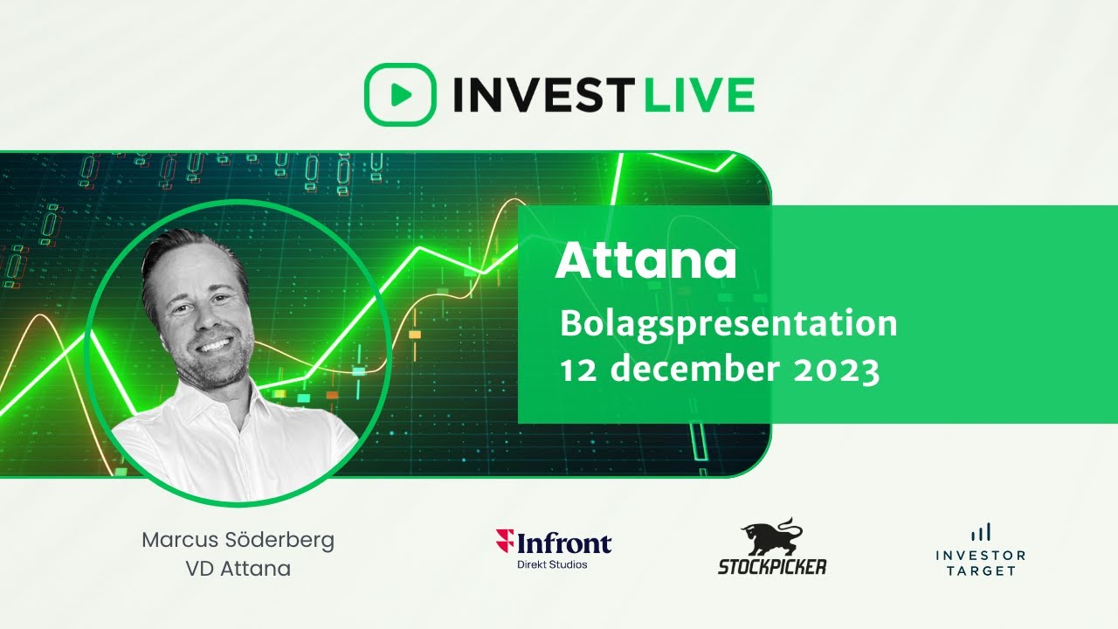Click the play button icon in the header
point(399,94)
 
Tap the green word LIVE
point(699,94)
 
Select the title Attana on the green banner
point(645,259)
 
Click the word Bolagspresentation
point(728,324)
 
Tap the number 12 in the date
point(578,370)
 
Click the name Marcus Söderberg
point(238,541)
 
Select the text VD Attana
point(238,569)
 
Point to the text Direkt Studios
point(553,564)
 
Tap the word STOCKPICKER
point(772,566)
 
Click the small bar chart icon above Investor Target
point(980,531)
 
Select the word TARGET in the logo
point(980,570)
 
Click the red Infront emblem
point(504,542)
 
